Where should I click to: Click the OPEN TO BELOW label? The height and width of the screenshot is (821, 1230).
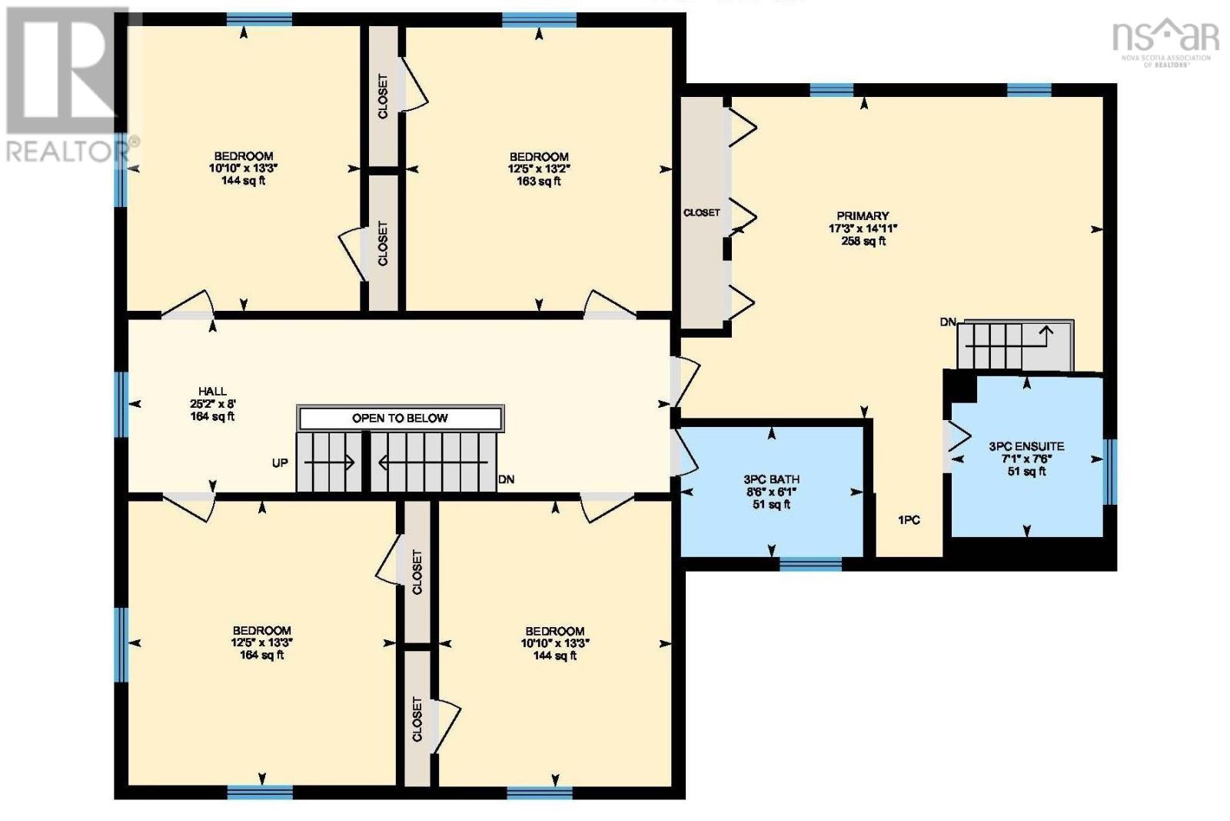point(400,419)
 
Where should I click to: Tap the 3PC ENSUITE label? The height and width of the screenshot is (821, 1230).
point(1026,446)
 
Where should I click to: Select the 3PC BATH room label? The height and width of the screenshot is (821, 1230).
point(772,479)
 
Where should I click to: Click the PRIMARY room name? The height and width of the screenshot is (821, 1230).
point(863,216)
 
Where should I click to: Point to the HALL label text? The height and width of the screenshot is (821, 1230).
point(212,392)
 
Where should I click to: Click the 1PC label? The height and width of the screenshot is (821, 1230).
point(909,520)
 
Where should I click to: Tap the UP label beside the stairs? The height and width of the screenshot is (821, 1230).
point(280,463)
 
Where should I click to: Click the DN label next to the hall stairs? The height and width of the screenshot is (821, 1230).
point(506,479)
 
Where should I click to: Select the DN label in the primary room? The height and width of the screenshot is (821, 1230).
point(948,322)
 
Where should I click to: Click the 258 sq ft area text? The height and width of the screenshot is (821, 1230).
point(863,241)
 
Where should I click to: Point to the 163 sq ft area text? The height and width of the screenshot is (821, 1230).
point(538,182)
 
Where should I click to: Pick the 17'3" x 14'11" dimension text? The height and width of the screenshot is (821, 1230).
point(863,229)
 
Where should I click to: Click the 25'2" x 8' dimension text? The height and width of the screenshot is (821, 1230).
point(212,404)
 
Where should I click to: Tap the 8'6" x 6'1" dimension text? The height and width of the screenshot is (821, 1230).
point(772,492)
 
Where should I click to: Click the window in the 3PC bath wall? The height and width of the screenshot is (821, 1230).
point(810,564)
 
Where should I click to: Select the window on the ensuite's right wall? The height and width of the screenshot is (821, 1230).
point(1109,472)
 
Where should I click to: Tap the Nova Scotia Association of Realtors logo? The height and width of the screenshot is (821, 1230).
point(1165,42)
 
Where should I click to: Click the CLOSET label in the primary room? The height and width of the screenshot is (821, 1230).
point(701,212)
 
